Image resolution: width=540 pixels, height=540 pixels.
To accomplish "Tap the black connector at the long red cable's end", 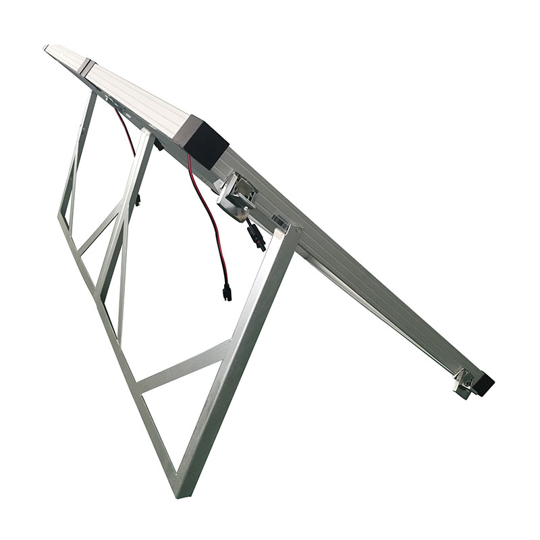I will coord(227,293).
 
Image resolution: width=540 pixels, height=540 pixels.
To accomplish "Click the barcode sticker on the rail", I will coord(279,220).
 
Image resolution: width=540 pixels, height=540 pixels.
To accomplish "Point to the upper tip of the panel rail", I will coord(47,47).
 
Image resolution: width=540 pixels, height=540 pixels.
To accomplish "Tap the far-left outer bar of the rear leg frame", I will coord(71,175).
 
